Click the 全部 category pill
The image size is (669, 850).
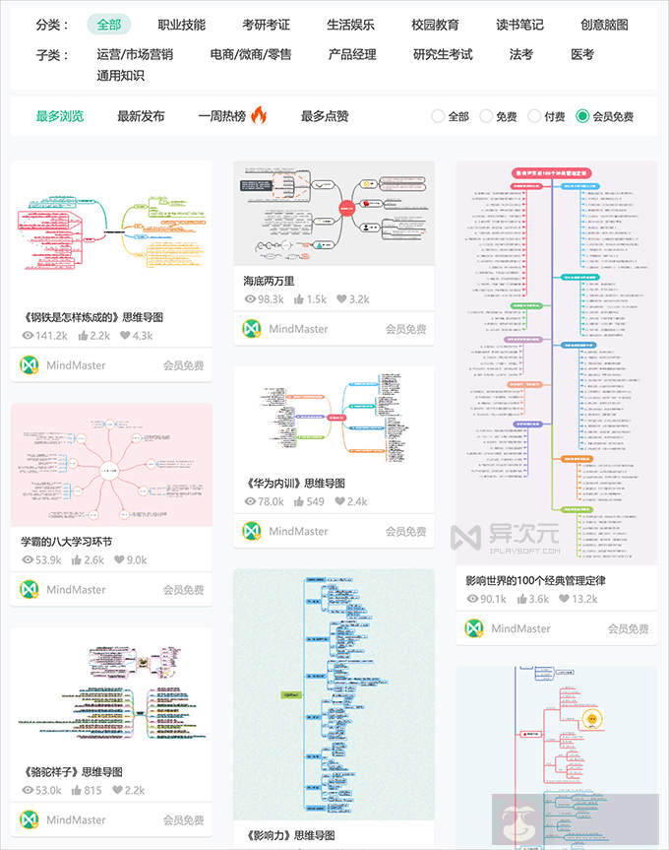pos(108,25)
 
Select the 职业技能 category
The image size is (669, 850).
pos(181,25)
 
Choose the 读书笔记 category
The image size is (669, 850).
pos(519,25)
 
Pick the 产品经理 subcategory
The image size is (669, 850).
pos(352,54)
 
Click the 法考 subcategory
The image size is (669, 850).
pos(521,54)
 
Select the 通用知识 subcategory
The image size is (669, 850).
pos(120,75)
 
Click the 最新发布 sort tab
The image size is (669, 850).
pos(141,116)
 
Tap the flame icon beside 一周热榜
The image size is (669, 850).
pos(259,115)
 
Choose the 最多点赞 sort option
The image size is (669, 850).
pos(325,116)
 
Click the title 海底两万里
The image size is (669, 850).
pos(269,281)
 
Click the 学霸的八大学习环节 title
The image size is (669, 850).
pos(66,542)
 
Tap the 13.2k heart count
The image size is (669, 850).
pos(576,599)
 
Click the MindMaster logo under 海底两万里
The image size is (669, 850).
pos(251,328)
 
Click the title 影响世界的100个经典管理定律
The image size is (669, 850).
pos(535,580)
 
